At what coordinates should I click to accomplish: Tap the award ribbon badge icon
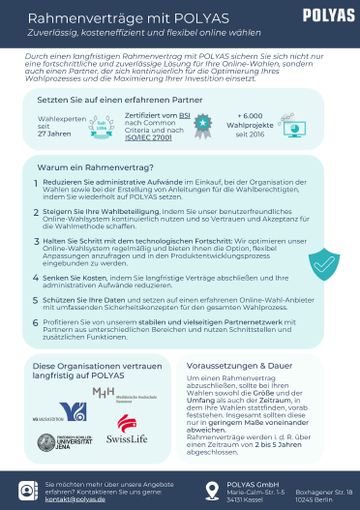point(201,124)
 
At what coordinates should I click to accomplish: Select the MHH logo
point(103,393)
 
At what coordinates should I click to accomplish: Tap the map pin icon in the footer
point(213,490)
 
